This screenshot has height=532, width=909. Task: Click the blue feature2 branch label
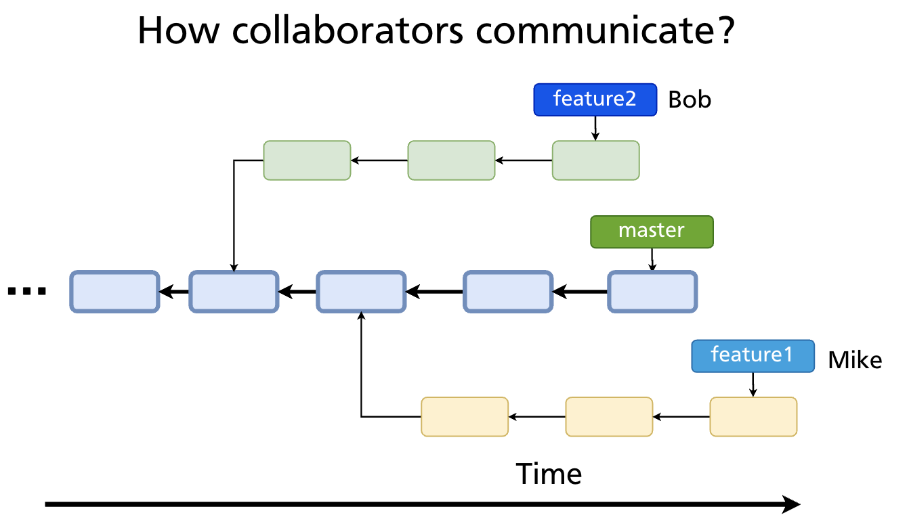click(x=595, y=99)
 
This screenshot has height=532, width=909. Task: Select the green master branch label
click(x=652, y=231)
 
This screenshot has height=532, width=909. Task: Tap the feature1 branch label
click(x=752, y=355)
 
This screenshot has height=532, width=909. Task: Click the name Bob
click(x=690, y=100)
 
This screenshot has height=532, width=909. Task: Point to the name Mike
click(x=855, y=360)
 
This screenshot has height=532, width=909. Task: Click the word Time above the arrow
click(x=549, y=474)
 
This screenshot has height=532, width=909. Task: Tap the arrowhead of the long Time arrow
click(x=791, y=504)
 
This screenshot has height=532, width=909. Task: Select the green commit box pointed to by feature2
click(x=595, y=160)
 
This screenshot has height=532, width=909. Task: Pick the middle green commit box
click(x=451, y=160)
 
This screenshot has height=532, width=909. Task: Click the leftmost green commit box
click(x=307, y=160)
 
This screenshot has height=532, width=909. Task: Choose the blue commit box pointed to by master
click(x=652, y=292)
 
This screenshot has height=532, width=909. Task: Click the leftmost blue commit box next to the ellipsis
click(x=114, y=292)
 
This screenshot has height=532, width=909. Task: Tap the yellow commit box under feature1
click(x=753, y=417)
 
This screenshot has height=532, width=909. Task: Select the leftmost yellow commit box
click(x=465, y=417)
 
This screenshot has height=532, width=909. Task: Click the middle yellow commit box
click(x=609, y=417)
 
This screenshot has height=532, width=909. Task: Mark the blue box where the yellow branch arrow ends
click(x=361, y=292)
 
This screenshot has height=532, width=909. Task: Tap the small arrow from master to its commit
click(x=652, y=259)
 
